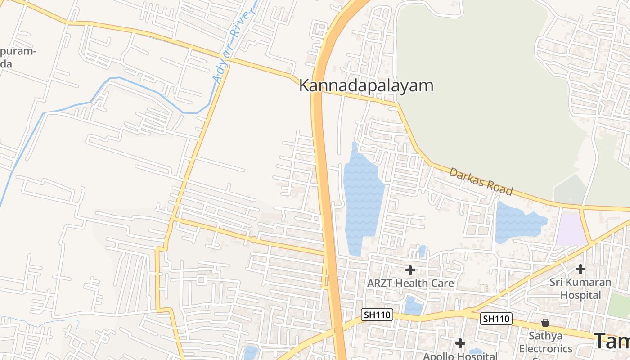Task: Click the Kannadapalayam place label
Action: coord(366,85)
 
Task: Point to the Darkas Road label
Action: coord(481,181)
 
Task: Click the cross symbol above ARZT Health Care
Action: coord(410,270)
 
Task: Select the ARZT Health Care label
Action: coord(410,283)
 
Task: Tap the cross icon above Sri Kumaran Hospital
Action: coord(580,269)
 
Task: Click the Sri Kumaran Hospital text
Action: coord(580,288)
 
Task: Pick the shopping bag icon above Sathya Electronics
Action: coord(545,323)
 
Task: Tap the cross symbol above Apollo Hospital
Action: coord(460,343)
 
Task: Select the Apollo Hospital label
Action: coord(460,355)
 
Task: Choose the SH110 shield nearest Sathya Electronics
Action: coord(496,319)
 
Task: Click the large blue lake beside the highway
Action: coord(362,198)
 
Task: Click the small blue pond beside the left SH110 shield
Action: coord(413,306)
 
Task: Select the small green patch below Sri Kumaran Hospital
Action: coord(619,305)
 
